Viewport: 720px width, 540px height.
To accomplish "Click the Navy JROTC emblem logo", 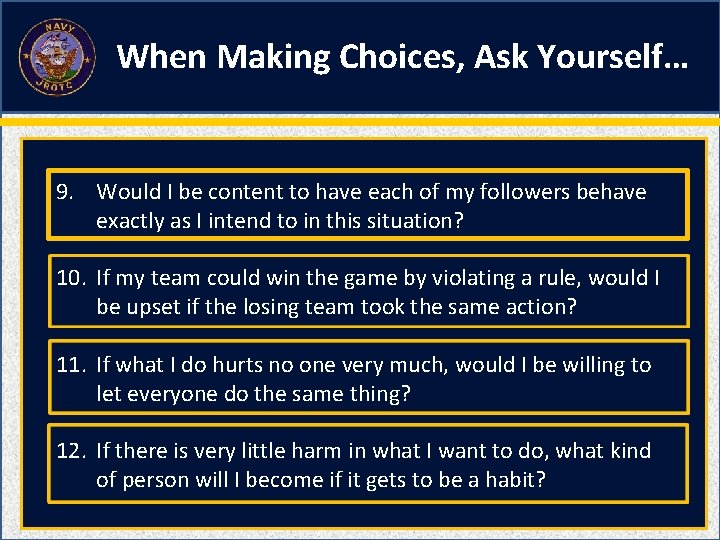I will (x=57, y=56).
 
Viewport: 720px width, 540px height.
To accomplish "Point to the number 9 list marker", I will (x=63, y=192).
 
